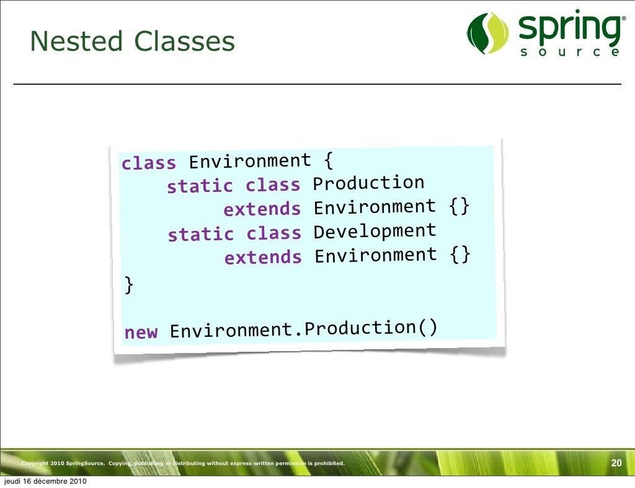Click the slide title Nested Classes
coord(132,42)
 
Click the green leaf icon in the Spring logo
coord(487,33)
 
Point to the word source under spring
coord(568,53)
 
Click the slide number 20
coord(616,463)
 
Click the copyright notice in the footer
coord(182,464)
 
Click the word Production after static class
coord(368,183)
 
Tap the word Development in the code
coord(375,232)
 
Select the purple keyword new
coord(141,333)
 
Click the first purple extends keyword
coord(262,209)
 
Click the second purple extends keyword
coord(263,258)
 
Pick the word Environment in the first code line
coord(249,162)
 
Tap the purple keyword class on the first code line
coord(149,163)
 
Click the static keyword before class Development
coord(201,235)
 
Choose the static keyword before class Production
coord(200,186)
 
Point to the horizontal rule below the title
coord(317,84)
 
